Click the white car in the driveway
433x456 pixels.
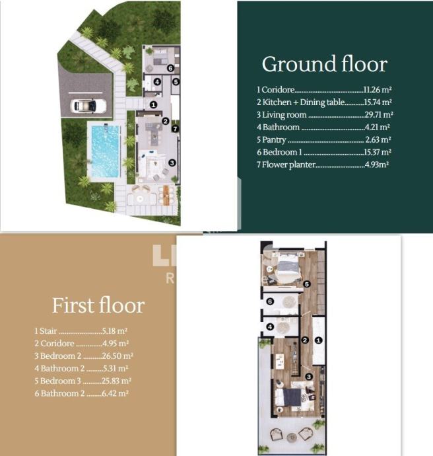click(88, 106)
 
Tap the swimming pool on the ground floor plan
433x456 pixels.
click(106, 151)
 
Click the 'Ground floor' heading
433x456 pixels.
click(324, 64)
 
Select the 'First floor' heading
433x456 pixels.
click(98, 305)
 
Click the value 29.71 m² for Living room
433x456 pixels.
click(379, 114)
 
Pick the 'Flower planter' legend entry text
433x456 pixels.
click(288, 165)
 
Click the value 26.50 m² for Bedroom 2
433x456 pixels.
click(117, 356)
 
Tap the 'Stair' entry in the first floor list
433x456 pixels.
click(48, 331)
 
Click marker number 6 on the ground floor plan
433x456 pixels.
click(170, 68)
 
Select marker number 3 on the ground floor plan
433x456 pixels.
click(172, 163)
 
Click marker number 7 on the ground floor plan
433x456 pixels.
click(175, 129)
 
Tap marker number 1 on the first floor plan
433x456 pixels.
click(319, 340)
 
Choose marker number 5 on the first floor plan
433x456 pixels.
click(307, 284)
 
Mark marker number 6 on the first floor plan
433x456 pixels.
click(270, 301)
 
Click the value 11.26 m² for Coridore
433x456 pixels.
click(378, 90)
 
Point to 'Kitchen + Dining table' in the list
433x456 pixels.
click(304, 102)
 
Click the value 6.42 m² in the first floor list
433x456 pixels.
click(115, 393)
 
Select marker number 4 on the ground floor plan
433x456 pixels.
click(157, 82)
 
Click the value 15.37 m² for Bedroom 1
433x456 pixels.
click(378, 152)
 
